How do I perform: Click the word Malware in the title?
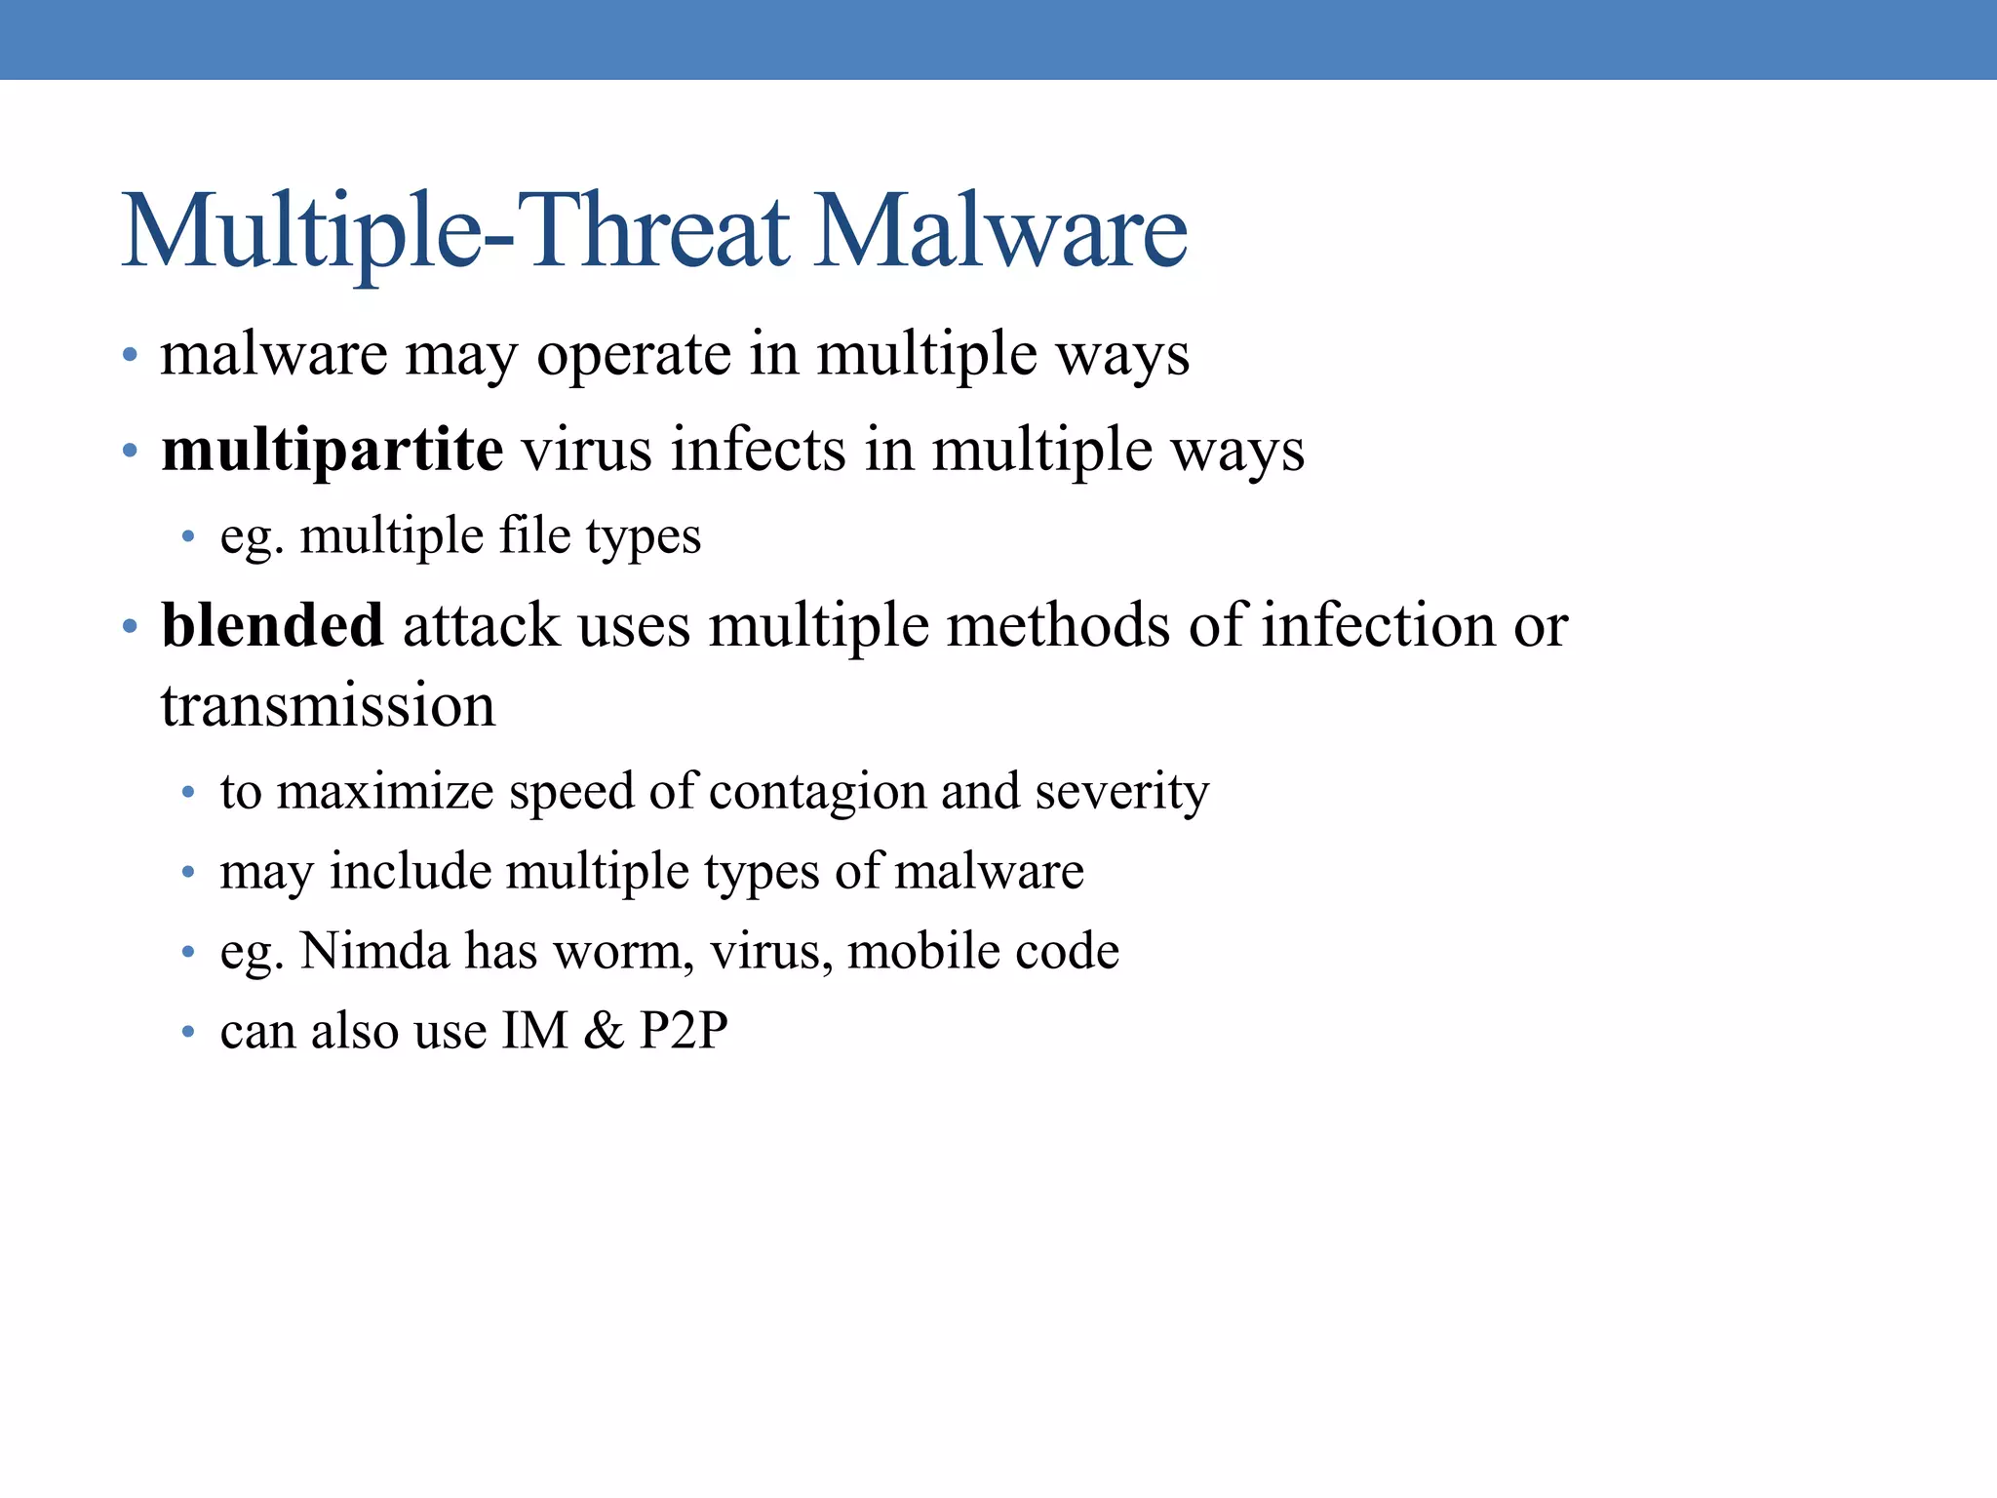(x=1000, y=231)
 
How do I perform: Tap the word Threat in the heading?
(x=658, y=231)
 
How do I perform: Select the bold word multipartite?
(x=333, y=451)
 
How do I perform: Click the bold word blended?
(x=272, y=625)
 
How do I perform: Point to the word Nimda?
(x=374, y=951)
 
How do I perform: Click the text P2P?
(x=684, y=1031)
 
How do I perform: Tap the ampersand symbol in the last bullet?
(x=604, y=1031)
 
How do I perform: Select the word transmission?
(x=328, y=705)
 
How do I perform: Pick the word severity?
(x=1121, y=791)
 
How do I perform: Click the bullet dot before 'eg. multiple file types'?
(x=188, y=536)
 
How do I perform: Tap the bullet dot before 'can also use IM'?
(x=188, y=1032)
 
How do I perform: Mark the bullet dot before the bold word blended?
(x=130, y=626)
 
